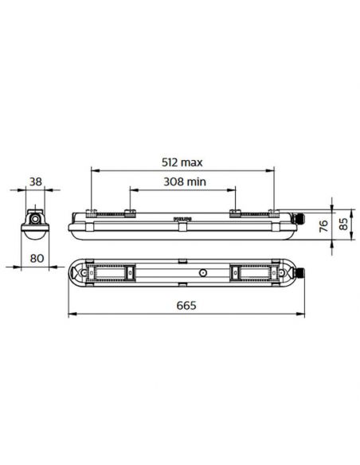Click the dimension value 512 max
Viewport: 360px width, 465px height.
pos(182,162)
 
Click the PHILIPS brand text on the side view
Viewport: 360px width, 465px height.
pos(182,216)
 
